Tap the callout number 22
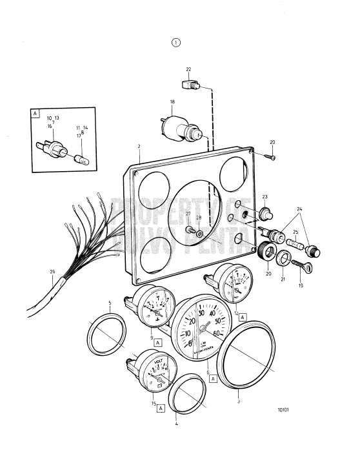coord(188,69)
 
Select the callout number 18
coord(172,101)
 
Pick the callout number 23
coord(264,196)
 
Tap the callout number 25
coord(296,231)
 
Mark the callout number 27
coord(188,213)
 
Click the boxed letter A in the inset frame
coord(35,113)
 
